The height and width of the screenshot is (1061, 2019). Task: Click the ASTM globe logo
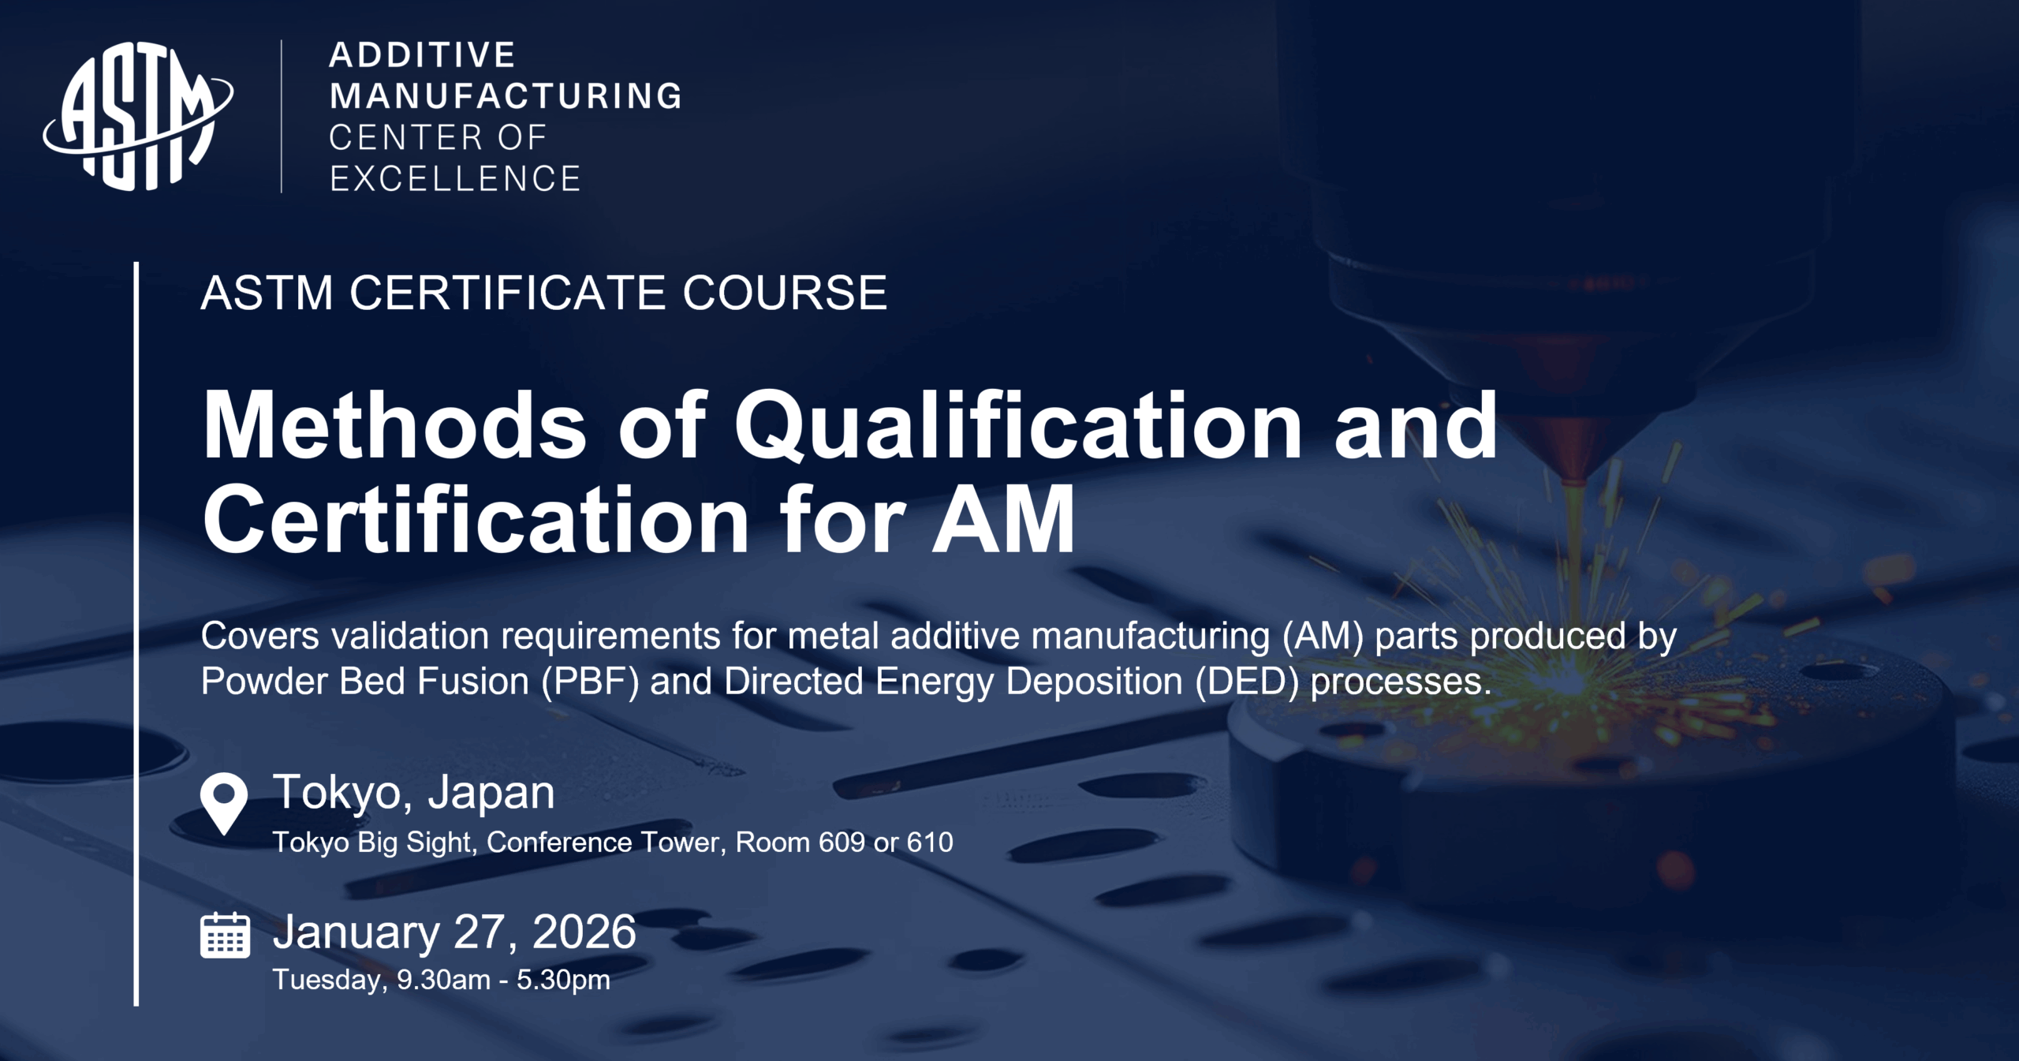[138, 116]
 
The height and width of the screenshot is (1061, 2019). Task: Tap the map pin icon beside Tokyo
[224, 803]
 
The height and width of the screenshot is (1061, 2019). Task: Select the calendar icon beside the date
[226, 935]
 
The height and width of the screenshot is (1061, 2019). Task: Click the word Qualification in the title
[1018, 427]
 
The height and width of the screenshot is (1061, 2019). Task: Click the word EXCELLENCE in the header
[455, 179]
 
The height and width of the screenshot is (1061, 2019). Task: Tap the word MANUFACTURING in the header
[506, 96]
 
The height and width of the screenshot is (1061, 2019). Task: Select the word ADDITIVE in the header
[423, 55]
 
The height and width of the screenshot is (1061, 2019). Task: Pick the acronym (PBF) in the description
[589, 682]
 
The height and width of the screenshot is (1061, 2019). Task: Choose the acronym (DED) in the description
[1246, 682]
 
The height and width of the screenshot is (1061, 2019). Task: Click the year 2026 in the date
[584, 932]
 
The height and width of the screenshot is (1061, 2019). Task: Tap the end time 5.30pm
[563, 981]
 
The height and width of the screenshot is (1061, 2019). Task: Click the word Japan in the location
[492, 794]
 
